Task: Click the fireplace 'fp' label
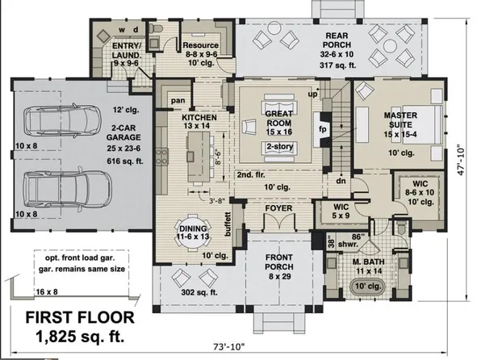click(322, 129)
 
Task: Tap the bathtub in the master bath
click(367, 287)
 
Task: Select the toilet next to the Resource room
click(157, 29)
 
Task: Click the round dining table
click(193, 232)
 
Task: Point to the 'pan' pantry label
click(178, 101)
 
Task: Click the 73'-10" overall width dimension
click(229, 347)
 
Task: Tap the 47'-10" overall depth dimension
click(461, 161)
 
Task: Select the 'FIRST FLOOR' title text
click(80, 317)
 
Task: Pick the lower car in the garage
click(67, 189)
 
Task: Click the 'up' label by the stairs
click(312, 94)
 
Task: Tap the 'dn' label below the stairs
click(341, 181)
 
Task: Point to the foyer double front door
click(279, 222)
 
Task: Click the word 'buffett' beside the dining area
click(228, 224)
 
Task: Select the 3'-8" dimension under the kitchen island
click(217, 201)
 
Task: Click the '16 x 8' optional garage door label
click(47, 292)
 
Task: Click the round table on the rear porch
click(390, 46)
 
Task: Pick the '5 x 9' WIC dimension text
click(341, 216)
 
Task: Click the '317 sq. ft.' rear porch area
click(337, 65)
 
